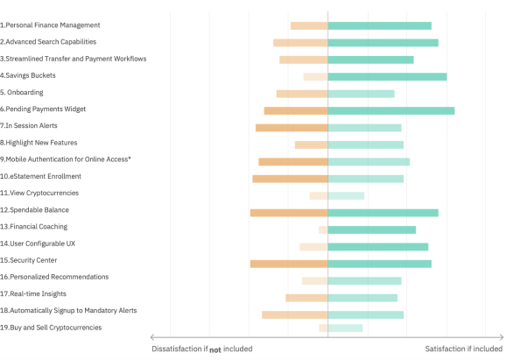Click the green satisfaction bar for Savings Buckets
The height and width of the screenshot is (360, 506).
pos(387,77)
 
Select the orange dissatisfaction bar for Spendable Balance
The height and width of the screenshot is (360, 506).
pos(289,213)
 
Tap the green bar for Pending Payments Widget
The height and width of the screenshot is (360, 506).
pos(391,110)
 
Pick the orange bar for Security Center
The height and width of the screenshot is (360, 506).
pos(289,264)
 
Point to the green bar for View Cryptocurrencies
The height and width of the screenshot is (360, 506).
pos(346,195)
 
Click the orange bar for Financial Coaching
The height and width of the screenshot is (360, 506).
pos(323,229)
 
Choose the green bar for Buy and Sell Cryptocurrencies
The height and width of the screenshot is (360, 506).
pos(345,328)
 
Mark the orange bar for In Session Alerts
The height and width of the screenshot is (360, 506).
pos(292,128)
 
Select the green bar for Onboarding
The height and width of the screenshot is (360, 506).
pos(361,94)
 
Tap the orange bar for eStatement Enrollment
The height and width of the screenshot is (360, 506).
pos(290,179)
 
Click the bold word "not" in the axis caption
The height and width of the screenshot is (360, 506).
pos(215,349)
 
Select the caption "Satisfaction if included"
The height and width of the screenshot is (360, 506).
pos(464,349)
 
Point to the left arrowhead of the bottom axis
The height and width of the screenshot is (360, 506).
pos(152,337)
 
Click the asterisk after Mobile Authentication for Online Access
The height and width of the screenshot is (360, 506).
pos(130,158)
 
